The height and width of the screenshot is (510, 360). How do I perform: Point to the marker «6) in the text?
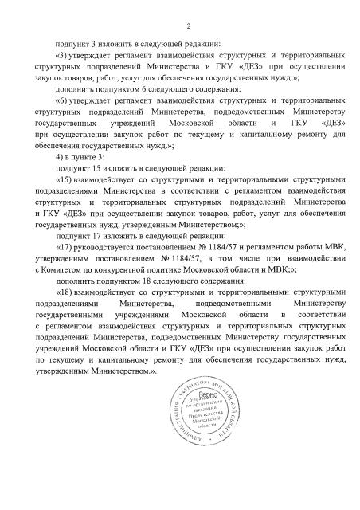[x=61, y=101]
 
